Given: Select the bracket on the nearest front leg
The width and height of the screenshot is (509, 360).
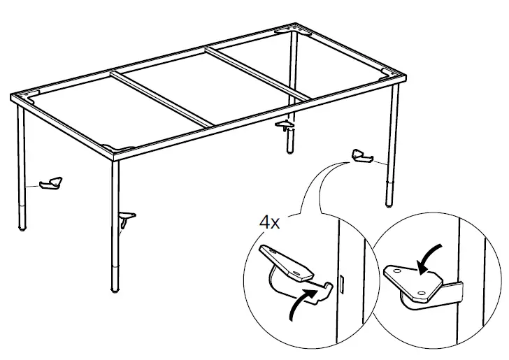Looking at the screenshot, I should pos(125,221).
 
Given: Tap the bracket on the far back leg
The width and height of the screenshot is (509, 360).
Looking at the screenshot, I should pos(285,126).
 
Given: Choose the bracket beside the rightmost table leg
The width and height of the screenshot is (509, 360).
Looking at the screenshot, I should pos(363,157).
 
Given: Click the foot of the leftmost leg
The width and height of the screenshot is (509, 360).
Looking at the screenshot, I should pos(23,227).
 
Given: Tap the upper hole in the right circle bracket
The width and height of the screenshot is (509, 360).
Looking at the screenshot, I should pos(396,268).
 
